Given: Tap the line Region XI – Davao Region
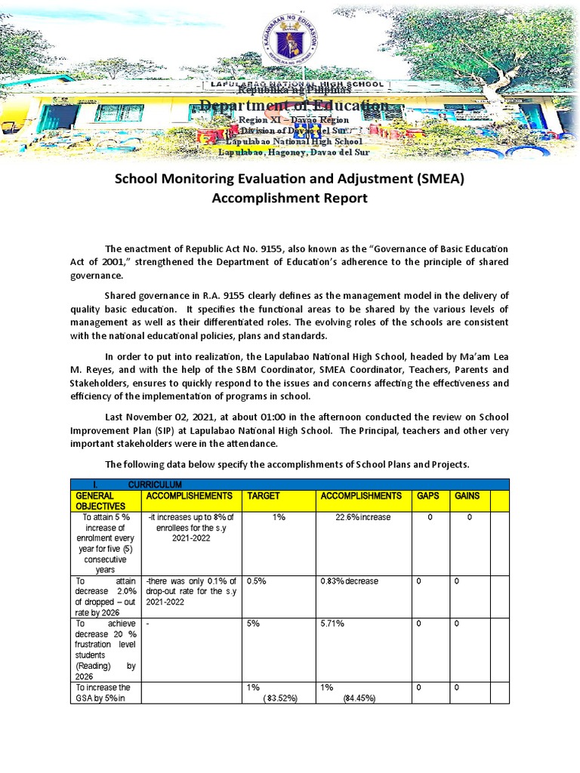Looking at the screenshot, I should (x=293, y=120).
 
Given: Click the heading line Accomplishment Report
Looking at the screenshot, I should (x=291, y=199).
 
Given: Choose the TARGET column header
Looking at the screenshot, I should (x=264, y=496).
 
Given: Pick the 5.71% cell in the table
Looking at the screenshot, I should (x=332, y=624).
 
